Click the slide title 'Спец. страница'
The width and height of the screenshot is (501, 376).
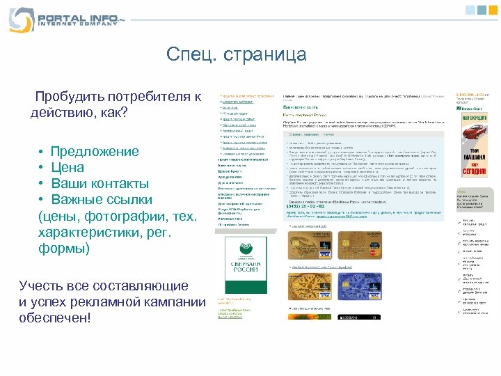[237, 54]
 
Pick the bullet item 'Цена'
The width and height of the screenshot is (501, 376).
[67, 168]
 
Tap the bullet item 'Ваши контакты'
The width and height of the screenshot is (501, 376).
[99, 184]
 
